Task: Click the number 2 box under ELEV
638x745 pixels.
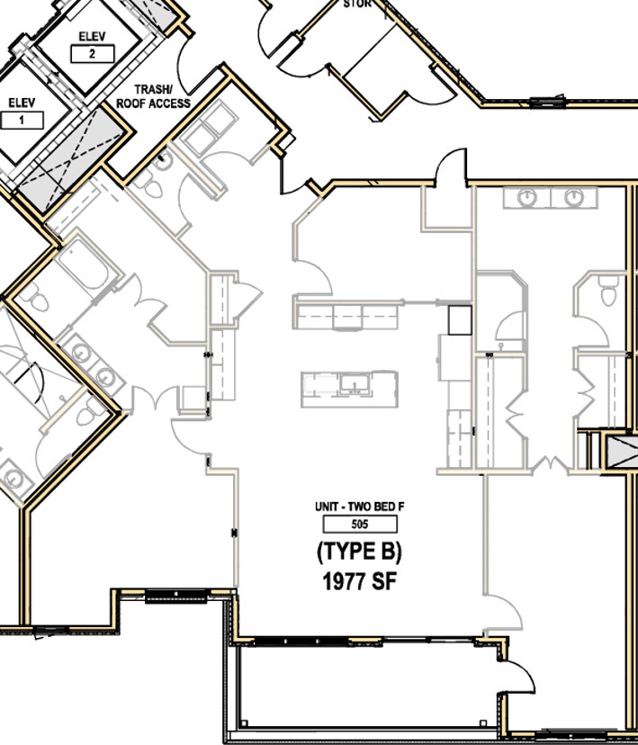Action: [x=93, y=54]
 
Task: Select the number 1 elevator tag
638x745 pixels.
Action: [x=22, y=120]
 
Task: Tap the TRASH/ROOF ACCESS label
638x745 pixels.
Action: [x=153, y=96]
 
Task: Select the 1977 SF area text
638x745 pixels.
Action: [x=359, y=582]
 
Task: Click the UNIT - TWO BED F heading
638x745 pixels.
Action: [x=359, y=507]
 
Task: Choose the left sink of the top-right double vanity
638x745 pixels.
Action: [x=528, y=198]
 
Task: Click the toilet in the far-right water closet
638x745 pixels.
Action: [x=608, y=290]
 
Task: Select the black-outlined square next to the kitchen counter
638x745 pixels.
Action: [x=460, y=319]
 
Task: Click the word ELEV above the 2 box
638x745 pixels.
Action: [x=93, y=36]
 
